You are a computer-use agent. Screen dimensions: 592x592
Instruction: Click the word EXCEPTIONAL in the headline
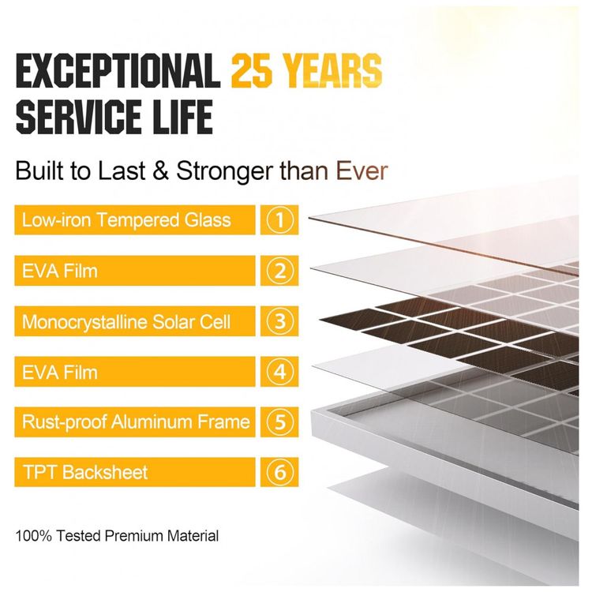point(118,70)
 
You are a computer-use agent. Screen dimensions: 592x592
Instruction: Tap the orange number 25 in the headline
point(252,70)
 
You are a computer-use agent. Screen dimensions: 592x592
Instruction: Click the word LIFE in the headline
point(182,115)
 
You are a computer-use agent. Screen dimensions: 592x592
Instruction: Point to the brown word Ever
point(362,171)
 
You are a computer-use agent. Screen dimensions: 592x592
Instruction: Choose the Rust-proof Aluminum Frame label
point(135,422)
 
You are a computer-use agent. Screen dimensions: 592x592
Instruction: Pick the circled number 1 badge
point(279,219)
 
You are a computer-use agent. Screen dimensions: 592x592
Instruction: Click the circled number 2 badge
point(279,271)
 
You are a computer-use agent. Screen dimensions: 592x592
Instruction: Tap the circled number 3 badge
point(279,321)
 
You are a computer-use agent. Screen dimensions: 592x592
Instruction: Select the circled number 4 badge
point(279,372)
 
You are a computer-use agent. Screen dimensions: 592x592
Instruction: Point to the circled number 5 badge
point(279,422)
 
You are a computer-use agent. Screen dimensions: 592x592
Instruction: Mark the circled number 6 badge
point(279,472)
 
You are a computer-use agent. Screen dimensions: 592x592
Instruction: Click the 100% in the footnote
point(34,536)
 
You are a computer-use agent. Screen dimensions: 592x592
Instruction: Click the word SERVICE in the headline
point(80,115)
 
